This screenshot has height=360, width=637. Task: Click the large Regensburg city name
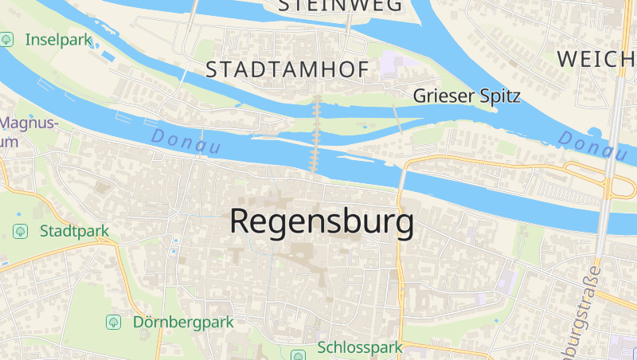click(322, 221)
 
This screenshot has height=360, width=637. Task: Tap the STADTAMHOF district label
click(287, 70)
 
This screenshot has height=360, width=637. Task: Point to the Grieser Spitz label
click(467, 96)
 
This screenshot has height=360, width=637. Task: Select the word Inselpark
click(59, 39)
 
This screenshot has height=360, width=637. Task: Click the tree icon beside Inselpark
click(7, 38)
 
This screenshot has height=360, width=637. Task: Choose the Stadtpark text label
click(74, 231)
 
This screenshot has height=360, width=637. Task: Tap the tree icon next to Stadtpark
click(21, 231)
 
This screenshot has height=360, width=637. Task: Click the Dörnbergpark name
click(183, 323)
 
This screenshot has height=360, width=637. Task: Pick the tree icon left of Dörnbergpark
click(114, 323)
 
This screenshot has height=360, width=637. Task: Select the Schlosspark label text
click(360, 348)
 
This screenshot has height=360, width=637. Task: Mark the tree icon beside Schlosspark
click(298, 355)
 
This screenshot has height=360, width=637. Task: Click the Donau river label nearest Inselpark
click(185, 142)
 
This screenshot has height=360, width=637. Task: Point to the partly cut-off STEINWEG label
click(340, 6)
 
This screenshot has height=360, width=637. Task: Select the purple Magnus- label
click(30, 123)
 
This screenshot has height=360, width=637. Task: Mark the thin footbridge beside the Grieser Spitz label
click(397, 118)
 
